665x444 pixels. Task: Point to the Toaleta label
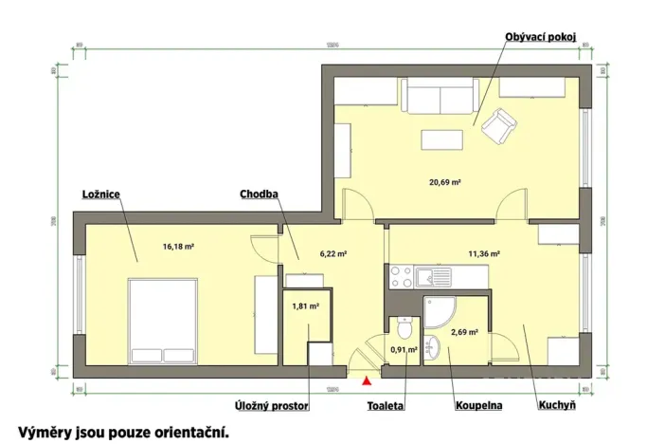tap(386, 406)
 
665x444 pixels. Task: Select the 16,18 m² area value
tap(178, 247)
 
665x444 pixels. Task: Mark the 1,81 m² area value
tap(305, 306)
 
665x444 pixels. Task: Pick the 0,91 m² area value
tap(404, 349)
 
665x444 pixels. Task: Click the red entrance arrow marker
tap(367, 382)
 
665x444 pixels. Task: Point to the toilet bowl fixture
tap(404, 329)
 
